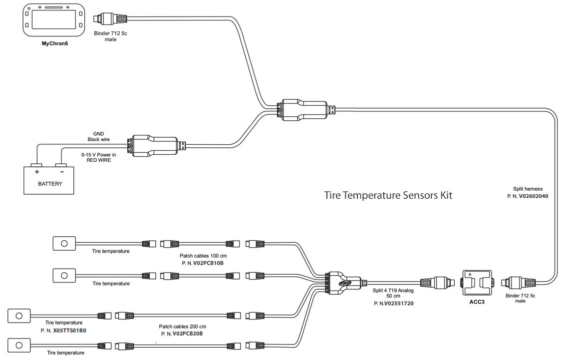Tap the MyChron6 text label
[54, 43]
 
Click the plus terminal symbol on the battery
[36, 171]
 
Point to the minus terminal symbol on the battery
[61, 171]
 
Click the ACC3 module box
[477, 283]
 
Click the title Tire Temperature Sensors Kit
[388, 195]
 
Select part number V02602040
[534, 196]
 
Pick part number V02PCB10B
[200, 262]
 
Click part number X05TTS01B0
[69, 331]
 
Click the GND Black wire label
[98, 136]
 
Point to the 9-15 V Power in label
[98, 155]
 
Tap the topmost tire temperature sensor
[64, 243]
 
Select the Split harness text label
[528, 189]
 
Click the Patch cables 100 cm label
[200, 256]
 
